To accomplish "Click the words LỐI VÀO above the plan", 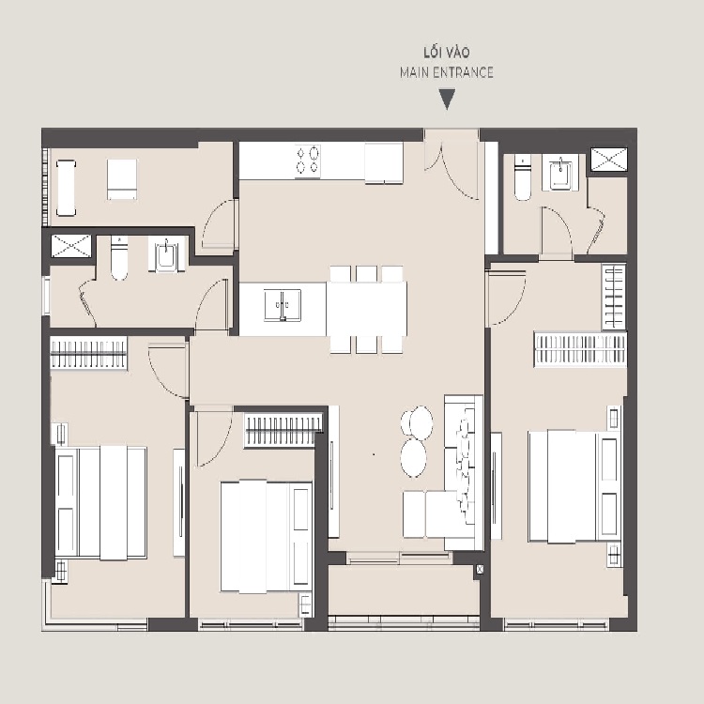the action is click(447, 53).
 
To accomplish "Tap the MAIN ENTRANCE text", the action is click(447, 72).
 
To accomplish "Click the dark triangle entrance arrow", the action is click(447, 99).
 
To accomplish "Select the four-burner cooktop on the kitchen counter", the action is click(308, 161).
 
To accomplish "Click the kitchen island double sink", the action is click(283, 305).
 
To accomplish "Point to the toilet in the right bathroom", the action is click(523, 177).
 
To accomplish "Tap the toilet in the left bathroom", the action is click(119, 258).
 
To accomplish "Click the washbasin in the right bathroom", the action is click(560, 173).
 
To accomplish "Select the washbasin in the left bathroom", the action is click(166, 254).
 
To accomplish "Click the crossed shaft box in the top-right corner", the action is click(609, 160).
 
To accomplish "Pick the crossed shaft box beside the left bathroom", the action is click(71, 246).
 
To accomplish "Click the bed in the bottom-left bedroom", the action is click(101, 502).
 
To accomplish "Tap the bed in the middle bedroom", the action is click(267, 537).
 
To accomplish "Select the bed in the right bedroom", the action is click(574, 486).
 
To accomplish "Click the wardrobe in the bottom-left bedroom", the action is click(88, 353).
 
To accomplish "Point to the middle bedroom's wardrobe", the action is click(283, 431).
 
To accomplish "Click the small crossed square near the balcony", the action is click(480, 570).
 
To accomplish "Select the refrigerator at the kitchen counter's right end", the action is click(383, 163).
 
